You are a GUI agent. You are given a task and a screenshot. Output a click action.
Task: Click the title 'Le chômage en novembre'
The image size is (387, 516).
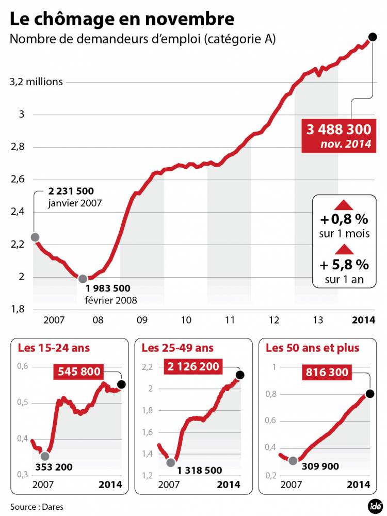point(122,19)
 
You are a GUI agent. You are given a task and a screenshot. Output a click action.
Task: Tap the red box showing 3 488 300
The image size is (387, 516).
point(338,135)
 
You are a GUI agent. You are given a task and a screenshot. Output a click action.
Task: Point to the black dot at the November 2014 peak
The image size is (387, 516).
point(373,37)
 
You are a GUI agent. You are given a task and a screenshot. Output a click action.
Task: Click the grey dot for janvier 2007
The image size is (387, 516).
point(35,237)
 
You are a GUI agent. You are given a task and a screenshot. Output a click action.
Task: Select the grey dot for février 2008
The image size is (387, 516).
point(83,279)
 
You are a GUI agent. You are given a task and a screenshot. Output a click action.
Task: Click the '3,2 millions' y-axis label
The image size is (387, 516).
point(37,82)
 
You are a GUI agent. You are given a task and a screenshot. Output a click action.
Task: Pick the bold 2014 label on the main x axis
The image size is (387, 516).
point(363,320)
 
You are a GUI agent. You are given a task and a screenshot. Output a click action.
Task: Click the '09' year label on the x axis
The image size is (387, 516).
point(142,320)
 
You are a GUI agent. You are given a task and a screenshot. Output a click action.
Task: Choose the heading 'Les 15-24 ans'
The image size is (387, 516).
point(54,348)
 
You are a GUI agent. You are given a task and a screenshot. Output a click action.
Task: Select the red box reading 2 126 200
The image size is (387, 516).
point(194,367)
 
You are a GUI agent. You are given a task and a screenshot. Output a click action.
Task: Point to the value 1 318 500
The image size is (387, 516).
point(200,470)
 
